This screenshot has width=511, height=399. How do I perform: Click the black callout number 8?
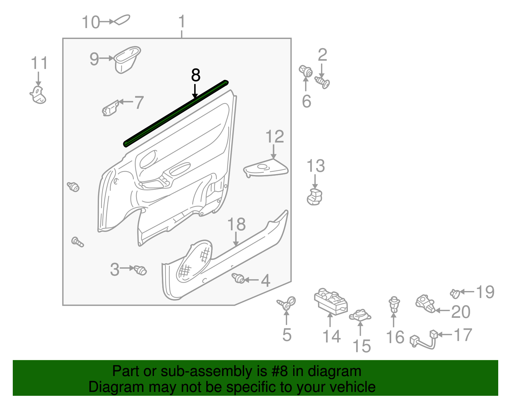pyautogui.click(x=195, y=76)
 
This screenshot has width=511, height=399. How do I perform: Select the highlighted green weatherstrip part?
pyautogui.click(x=176, y=113)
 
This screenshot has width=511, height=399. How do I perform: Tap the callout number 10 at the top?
pyautogui.click(x=91, y=22)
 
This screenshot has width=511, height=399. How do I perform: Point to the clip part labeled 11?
pyautogui.click(x=38, y=95)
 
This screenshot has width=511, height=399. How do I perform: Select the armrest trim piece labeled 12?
pyautogui.click(x=266, y=168)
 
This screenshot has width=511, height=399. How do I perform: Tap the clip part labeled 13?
pyautogui.click(x=315, y=196)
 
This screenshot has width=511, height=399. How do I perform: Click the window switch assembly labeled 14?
pyautogui.click(x=331, y=302)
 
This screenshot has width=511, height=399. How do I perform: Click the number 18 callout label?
pyautogui.click(x=236, y=225)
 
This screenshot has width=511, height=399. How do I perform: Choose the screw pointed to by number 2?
pyautogui.click(x=322, y=82)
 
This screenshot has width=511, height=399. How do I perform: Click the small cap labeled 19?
pyautogui.click(x=455, y=293)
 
